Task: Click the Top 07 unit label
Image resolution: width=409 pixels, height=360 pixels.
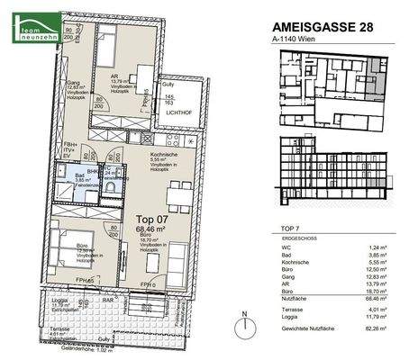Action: click(151, 219)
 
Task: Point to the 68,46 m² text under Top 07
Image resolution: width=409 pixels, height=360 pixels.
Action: click(151, 229)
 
